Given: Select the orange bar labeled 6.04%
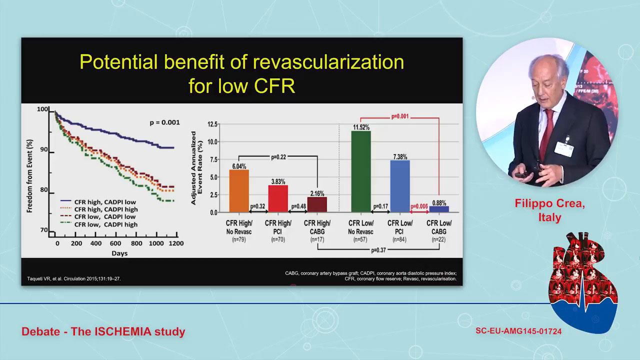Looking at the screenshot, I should coord(238,191).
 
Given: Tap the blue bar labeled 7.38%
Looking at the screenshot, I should coord(400,186).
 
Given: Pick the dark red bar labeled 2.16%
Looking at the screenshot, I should coord(317,204).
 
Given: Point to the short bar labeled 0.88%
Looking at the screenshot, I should coord(439,209).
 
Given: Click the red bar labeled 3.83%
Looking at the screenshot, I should coord(278,198).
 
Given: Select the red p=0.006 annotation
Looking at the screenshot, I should coord(419,205).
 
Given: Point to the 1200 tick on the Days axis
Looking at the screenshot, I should coord(175,243).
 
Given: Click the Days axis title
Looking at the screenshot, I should coord(119,253).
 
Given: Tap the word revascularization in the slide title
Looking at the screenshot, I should coord(328,62).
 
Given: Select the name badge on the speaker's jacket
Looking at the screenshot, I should coord(563,149).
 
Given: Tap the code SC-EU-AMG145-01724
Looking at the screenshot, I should coord(518,331).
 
